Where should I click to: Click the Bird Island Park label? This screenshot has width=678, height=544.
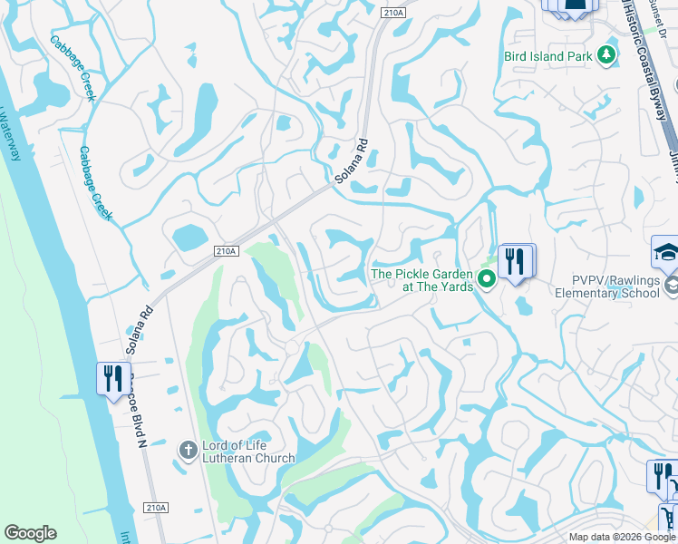click(548, 56)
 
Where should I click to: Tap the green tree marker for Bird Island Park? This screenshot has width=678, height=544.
click(605, 56)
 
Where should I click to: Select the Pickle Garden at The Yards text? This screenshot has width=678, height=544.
click(422, 280)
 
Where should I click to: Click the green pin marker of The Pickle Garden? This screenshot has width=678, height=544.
click(487, 278)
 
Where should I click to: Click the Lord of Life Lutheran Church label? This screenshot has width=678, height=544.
click(248, 451)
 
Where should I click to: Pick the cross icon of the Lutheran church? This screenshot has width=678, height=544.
click(188, 450)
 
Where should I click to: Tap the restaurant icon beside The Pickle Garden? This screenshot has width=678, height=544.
click(516, 261)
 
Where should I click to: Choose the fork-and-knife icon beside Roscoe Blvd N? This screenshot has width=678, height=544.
click(113, 377)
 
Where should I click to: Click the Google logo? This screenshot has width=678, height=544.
click(30, 533)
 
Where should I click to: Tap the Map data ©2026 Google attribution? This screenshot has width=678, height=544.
click(622, 537)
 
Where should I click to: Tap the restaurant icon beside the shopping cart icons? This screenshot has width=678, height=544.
click(662, 475)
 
